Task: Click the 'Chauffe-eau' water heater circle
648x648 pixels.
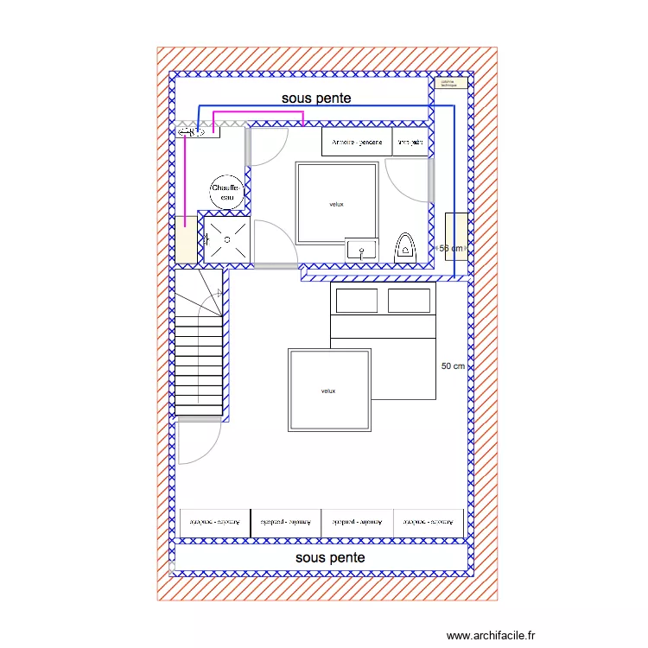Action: [227, 192]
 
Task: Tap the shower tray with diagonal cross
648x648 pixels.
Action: [227, 239]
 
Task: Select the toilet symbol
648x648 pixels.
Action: [405, 248]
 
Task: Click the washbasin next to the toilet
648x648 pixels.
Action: [361, 249]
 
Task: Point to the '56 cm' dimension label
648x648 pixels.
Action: [452, 249]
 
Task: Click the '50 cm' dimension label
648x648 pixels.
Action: [453, 366]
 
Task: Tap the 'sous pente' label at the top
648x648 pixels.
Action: [316, 98]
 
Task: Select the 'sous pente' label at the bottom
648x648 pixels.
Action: [330, 558]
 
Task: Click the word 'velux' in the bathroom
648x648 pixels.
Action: [337, 204]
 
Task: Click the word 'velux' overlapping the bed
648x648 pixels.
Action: [328, 391]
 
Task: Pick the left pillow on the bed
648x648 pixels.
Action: [356, 301]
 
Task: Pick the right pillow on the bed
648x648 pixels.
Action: [409, 301]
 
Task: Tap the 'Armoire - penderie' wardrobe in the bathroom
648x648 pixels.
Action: [356, 142]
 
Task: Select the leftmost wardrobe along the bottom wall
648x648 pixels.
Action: [215, 523]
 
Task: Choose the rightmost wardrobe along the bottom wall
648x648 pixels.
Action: [429, 523]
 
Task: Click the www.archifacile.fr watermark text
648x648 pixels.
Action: [492, 635]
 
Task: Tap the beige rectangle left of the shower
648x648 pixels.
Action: [187, 239]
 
